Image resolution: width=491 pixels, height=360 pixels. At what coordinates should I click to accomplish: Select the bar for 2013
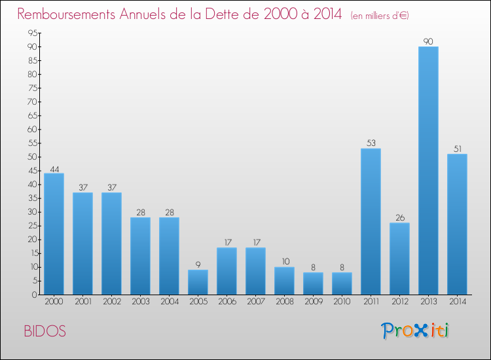pos(428,170)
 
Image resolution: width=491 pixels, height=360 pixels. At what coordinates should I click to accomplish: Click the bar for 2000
pos(54,234)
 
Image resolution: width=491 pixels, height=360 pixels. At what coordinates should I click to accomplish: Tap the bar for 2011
pos(371,221)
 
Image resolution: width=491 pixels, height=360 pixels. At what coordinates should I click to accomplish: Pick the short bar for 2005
pos(198,282)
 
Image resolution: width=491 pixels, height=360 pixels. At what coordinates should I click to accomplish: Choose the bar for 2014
pos(457,224)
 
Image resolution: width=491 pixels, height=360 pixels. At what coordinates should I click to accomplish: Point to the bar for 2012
pos(399,259)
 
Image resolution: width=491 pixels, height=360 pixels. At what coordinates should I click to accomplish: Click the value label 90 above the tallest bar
pos(428,41)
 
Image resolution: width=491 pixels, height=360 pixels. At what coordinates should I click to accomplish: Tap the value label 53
pos(371,143)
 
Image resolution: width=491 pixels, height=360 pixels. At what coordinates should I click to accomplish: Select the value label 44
pos(54,168)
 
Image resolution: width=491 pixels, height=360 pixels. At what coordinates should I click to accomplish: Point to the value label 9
pos(198,264)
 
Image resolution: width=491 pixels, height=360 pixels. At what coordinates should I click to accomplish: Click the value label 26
pos(399,218)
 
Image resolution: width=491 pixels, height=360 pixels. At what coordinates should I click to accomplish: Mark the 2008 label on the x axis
pos(284,301)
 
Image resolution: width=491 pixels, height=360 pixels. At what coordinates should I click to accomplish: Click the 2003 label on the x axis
pos(140,301)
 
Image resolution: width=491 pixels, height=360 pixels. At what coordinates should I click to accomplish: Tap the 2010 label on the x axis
pos(342,301)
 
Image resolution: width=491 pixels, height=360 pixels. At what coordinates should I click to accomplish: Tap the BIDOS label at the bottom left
pos(45,331)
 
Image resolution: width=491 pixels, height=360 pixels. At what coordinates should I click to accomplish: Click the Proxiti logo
pos(414,331)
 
